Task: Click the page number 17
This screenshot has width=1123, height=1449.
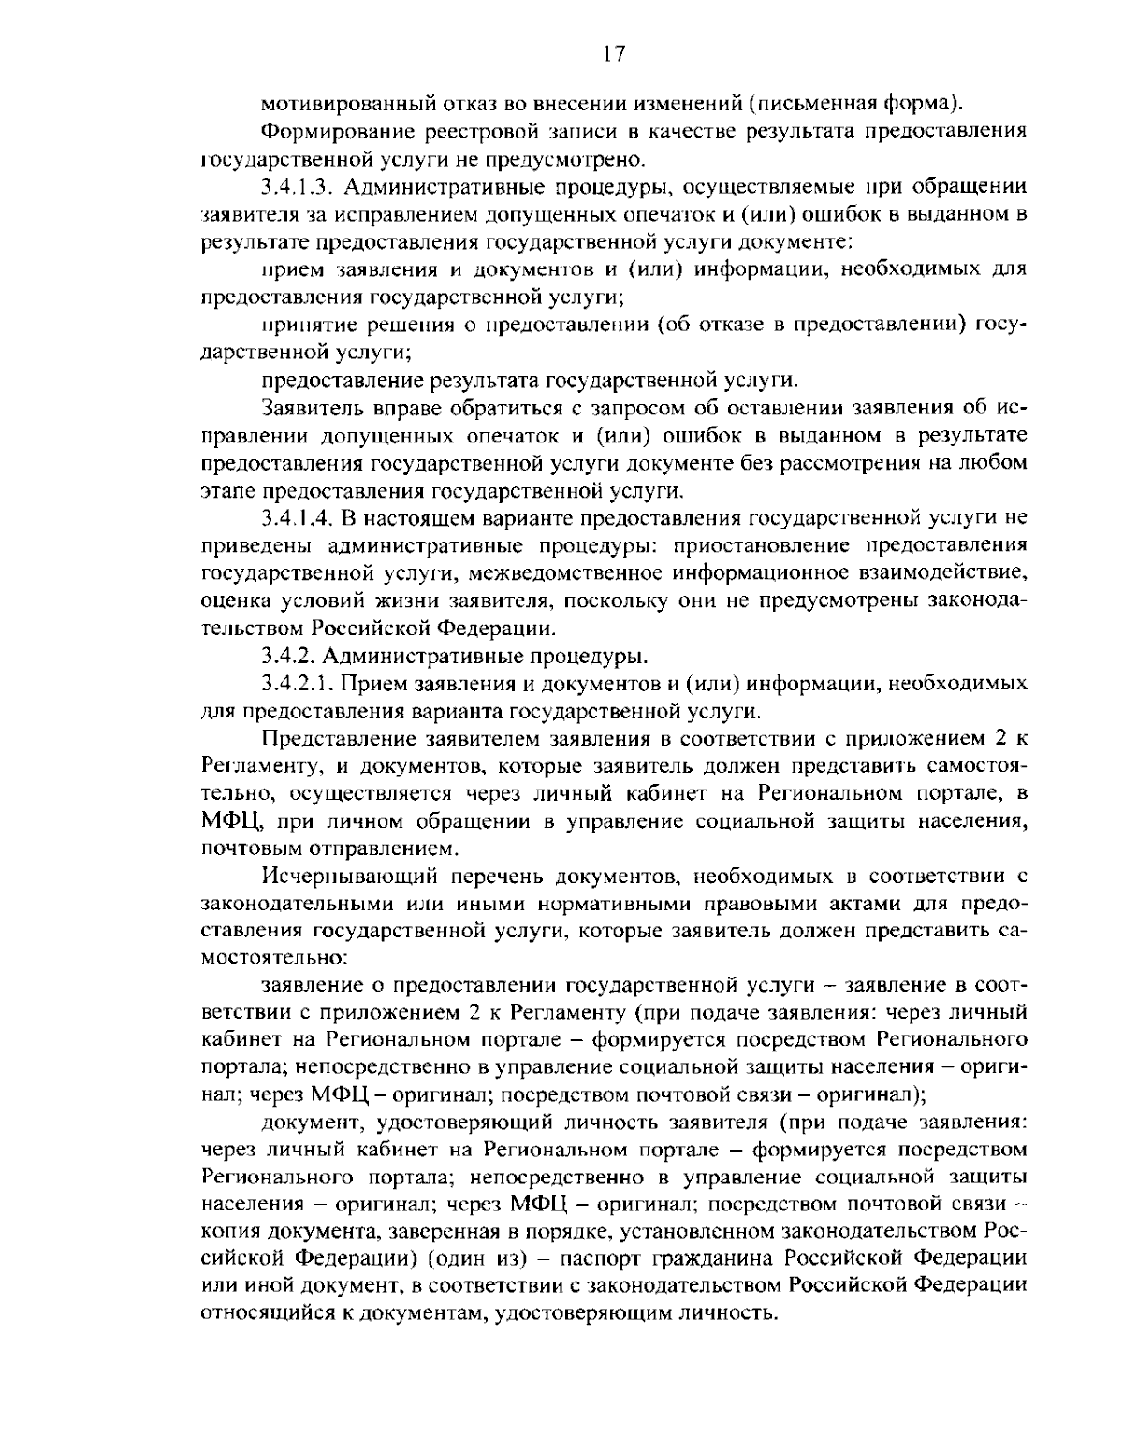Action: (x=613, y=52)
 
